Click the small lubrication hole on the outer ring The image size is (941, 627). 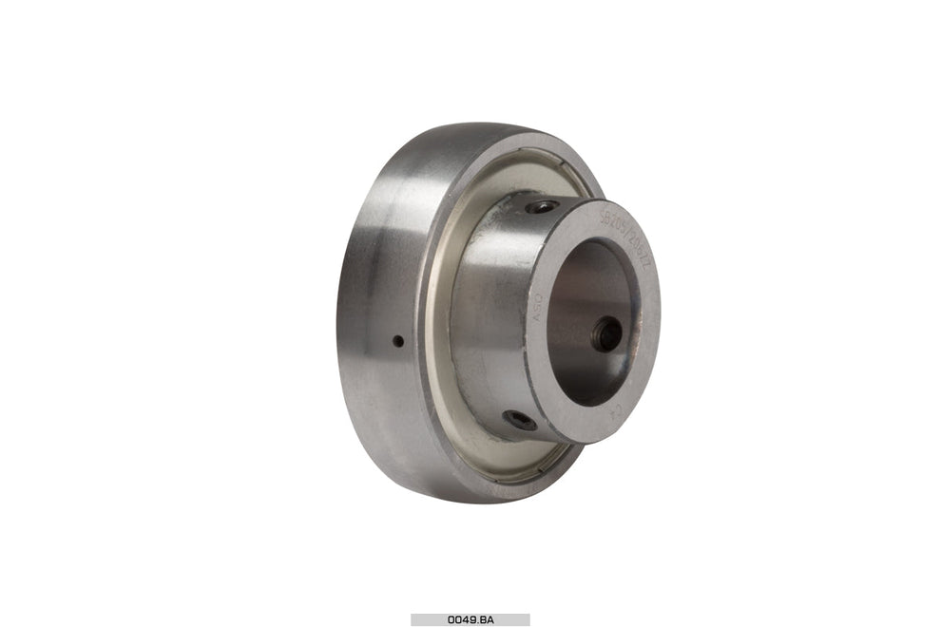[398, 341]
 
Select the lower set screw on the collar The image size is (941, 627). [519, 419]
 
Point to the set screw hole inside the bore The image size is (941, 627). [605, 333]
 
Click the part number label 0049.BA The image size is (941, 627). [470, 619]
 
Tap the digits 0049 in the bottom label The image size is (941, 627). [461, 619]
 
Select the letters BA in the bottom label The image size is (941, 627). [487, 619]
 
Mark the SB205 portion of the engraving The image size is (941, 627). [613, 226]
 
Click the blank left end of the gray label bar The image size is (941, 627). [423, 619]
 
